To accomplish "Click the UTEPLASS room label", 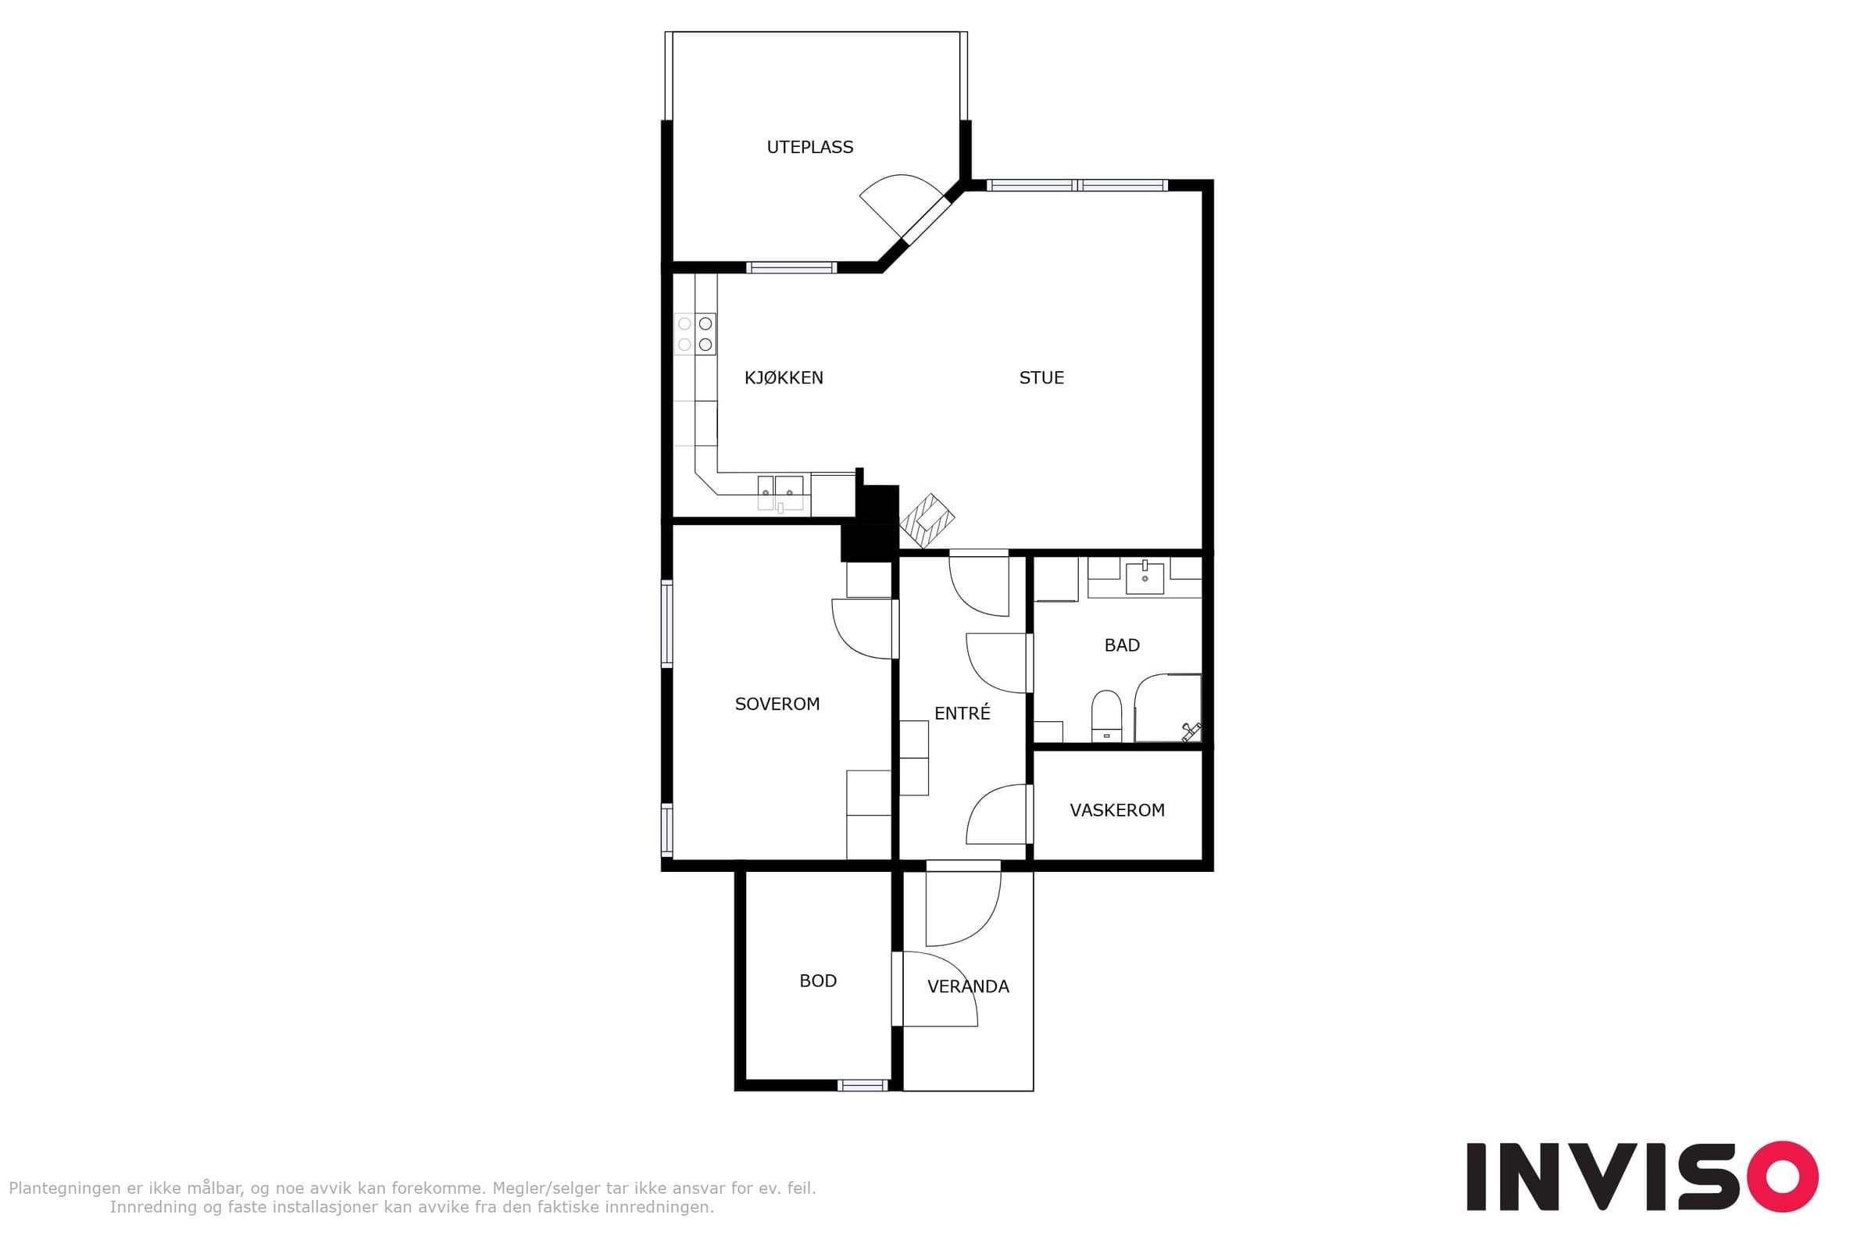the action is point(810,147).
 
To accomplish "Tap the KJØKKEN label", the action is point(784,378).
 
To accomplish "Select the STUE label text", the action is point(1041,378).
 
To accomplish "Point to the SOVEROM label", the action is point(777,704).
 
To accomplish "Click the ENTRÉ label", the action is point(962,712).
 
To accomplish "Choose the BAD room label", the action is point(1122,645).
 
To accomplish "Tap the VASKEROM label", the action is point(1117,810).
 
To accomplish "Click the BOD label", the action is point(818,980).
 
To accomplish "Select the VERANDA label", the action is point(968,986).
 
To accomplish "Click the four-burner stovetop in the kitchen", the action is point(695,334).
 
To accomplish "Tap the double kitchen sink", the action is point(780,493).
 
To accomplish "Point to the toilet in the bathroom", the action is point(1105,715).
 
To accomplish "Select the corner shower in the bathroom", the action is point(1168,708).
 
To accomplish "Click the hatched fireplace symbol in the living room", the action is point(927,520).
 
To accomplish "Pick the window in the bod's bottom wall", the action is point(862,1085).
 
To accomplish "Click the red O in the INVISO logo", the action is point(1782,1176).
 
